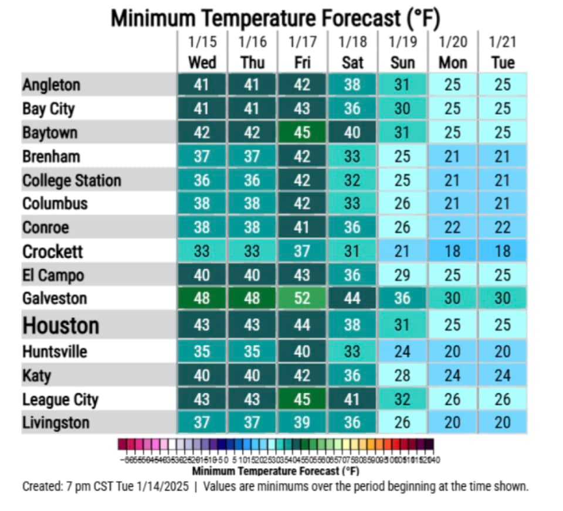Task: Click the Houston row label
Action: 60,325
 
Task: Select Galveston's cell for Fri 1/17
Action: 301,298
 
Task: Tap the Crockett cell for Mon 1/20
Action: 452,251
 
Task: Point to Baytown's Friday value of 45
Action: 301,132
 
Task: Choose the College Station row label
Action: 72,180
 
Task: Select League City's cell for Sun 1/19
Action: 402,400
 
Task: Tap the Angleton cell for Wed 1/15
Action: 202,85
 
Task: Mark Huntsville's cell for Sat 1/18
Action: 352,352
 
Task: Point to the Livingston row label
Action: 56,423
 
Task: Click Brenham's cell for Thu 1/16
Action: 252,156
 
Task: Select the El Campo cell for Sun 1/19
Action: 402,275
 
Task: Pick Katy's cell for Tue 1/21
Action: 503,376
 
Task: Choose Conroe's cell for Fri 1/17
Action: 301,227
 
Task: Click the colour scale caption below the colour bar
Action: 275,471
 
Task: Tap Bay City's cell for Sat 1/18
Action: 352,109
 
